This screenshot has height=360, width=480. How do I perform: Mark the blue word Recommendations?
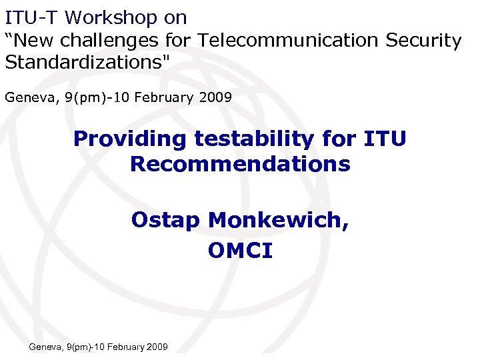point(240,163)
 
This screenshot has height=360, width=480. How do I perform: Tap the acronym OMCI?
point(240,250)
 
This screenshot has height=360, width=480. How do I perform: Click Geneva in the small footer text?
point(44,347)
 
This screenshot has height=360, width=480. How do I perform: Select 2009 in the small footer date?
point(157,347)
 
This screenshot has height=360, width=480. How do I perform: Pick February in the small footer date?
point(123,347)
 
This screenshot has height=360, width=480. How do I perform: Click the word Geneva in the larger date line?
point(29,97)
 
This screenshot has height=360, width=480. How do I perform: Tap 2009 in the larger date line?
point(214,97)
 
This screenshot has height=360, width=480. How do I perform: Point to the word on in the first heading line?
point(175,17)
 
